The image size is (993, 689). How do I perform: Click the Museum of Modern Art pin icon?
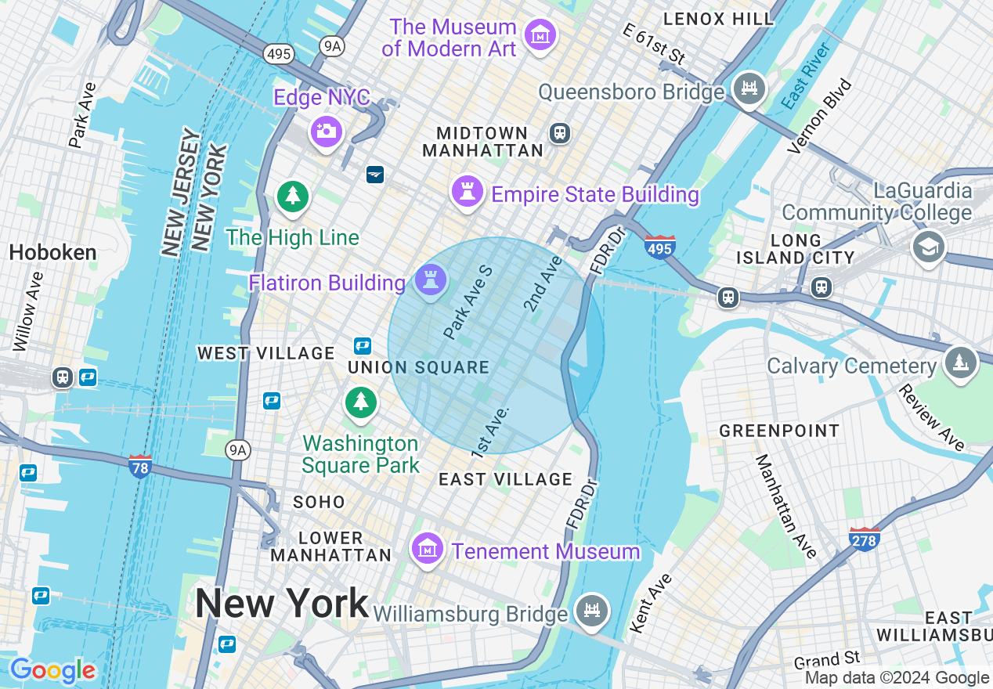(x=540, y=35)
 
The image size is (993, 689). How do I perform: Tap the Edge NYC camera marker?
(x=325, y=130)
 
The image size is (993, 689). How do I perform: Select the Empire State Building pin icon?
(x=467, y=190)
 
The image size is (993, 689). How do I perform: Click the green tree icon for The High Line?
(x=293, y=196)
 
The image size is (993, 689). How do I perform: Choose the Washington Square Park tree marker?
(x=360, y=402)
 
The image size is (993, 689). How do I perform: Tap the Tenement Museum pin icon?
(x=428, y=549)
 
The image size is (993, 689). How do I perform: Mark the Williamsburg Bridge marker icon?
(x=592, y=609)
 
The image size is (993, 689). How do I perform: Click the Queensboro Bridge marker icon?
(x=750, y=88)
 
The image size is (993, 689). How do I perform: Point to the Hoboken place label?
(x=53, y=252)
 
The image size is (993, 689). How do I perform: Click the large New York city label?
(x=281, y=603)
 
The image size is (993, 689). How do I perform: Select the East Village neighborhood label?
(x=505, y=479)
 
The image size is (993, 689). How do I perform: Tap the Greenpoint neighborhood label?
(x=779, y=431)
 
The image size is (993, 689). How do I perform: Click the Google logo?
(x=52, y=671)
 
